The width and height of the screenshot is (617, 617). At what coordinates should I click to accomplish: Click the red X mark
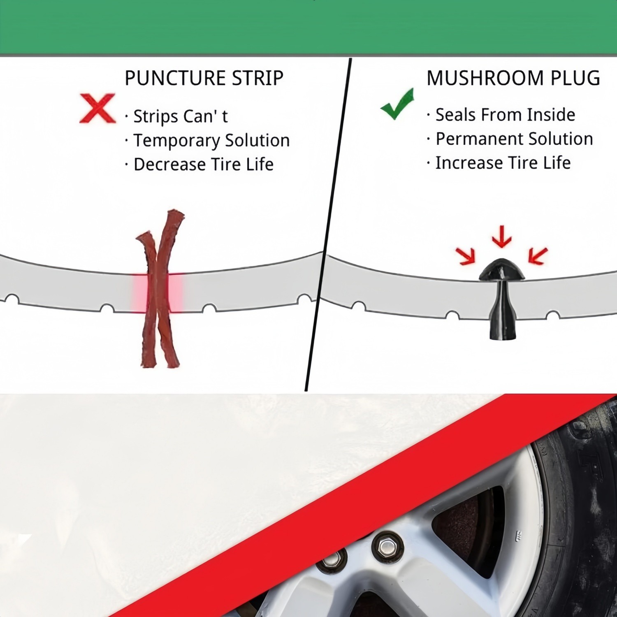[x=97, y=109]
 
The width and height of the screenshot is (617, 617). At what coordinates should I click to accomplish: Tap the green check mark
[x=397, y=105]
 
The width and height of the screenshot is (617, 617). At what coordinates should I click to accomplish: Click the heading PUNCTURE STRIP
[x=204, y=78]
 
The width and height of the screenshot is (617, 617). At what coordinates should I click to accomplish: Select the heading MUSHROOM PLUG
[x=513, y=78]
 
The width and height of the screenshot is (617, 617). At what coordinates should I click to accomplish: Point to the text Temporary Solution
[x=211, y=140]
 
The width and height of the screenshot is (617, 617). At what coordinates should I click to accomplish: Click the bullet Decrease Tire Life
[x=203, y=164]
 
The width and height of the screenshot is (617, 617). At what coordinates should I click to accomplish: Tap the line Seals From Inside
[x=505, y=115]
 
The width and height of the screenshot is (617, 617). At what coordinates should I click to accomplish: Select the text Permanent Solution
[x=514, y=139]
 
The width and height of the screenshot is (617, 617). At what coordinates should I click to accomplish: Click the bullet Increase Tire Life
[x=503, y=163]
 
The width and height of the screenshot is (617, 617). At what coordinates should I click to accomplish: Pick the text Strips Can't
[x=180, y=116]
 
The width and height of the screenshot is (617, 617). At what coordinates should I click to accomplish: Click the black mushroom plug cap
[x=502, y=269]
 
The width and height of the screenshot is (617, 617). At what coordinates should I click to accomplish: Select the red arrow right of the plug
[x=538, y=255]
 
